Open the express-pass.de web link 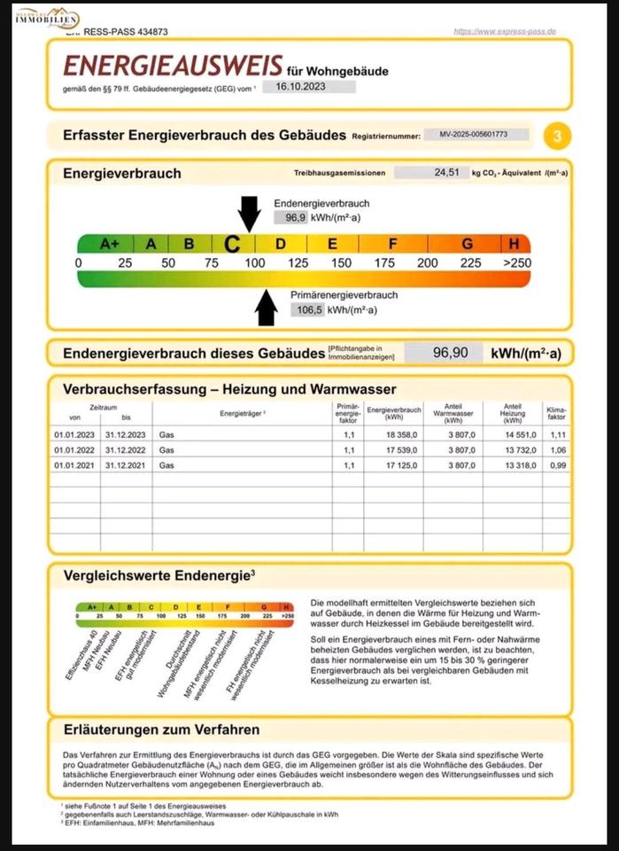504,31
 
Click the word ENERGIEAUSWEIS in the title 173,66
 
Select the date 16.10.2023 302,87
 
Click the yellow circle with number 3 557,137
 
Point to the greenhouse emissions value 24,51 446,173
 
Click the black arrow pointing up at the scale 266,307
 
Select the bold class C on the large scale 232,244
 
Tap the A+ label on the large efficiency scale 110,244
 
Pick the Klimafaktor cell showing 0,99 556,465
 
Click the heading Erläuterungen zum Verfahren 162,730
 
